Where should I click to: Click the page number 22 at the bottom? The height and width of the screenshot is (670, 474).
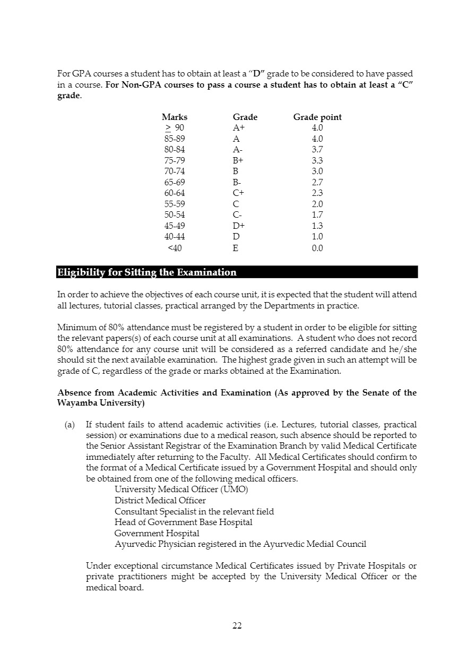pos(237,625)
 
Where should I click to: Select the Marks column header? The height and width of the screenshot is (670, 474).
pos(175,117)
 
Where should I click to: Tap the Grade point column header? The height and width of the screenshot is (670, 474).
pos(317,117)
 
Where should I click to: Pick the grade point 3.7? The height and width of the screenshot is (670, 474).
pos(317,150)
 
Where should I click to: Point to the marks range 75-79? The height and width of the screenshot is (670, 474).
pos(175,160)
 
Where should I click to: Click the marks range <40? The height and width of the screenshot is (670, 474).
pos(175,248)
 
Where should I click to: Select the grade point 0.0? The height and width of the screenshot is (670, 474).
pos(317,248)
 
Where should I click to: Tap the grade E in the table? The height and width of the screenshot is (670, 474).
pos(236,248)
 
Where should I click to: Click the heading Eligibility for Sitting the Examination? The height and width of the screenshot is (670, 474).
pos(146,272)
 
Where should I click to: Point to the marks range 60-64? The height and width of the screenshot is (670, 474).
pos(175,193)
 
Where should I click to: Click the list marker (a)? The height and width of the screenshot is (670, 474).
pos(70,425)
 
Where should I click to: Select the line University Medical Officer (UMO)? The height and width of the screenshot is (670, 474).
pos(181,489)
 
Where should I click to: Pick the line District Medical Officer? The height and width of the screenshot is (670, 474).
pos(160,500)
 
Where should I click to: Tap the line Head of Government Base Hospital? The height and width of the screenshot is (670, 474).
pos(183,522)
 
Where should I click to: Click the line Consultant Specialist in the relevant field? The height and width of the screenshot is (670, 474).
pos(194,511)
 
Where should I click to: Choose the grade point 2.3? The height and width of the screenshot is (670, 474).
pos(317,193)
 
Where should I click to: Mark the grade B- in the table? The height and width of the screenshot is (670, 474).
pos(237,182)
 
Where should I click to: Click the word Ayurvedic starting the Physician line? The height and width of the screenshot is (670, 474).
pos(134,544)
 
